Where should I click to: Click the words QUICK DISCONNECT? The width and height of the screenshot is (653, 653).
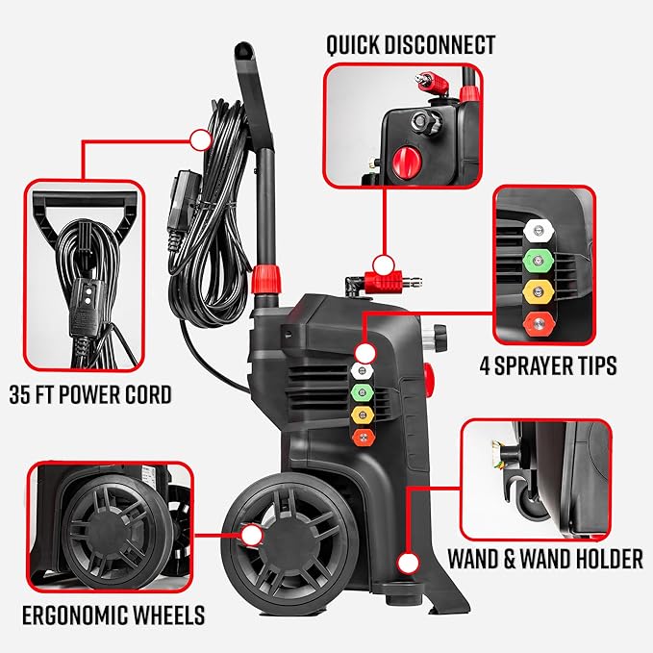(x=411, y=44)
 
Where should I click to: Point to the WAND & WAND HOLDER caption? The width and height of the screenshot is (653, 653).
(x=545, y=560)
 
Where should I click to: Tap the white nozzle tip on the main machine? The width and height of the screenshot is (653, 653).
(x=364, y=370)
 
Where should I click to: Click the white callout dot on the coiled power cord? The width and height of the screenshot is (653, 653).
(x=200, y=140)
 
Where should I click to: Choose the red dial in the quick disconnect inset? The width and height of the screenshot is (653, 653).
(x=402, y=158)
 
